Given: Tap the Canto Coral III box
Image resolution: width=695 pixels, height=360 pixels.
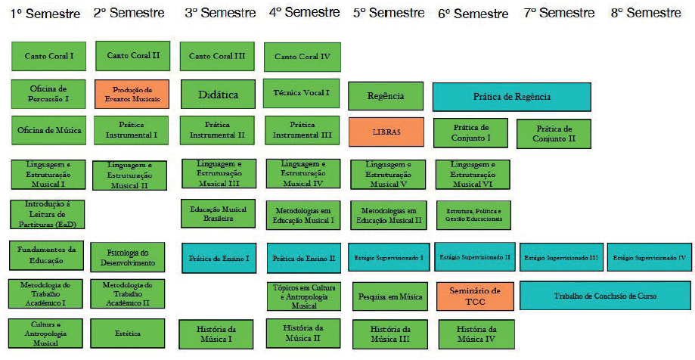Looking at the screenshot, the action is (217, 56).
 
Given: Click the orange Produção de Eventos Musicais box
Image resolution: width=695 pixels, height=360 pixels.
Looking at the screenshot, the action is (132, 94).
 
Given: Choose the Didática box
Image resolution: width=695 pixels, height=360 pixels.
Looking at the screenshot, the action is (218, 95).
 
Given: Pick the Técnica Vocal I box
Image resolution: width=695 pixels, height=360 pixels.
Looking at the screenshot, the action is (301, 93).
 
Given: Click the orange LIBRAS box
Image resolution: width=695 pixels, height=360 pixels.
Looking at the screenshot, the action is (386, 132).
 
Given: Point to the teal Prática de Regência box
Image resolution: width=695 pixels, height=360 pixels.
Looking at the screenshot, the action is (511, 97).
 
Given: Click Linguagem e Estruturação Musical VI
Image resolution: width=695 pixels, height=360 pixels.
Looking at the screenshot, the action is (473, 175).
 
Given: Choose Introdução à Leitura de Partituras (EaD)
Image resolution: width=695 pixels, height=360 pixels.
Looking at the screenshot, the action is (47, 214).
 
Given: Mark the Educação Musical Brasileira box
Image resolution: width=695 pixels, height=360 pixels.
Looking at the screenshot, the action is (217, 213).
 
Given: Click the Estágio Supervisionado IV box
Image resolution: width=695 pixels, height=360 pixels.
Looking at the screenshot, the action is (650, 257).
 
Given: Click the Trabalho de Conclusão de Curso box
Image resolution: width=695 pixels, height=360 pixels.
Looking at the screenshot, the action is (605, 296).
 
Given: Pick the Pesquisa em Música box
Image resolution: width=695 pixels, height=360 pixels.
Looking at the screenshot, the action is (390, 296).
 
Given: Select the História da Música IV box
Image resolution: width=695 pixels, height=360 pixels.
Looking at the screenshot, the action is (476, 334).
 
